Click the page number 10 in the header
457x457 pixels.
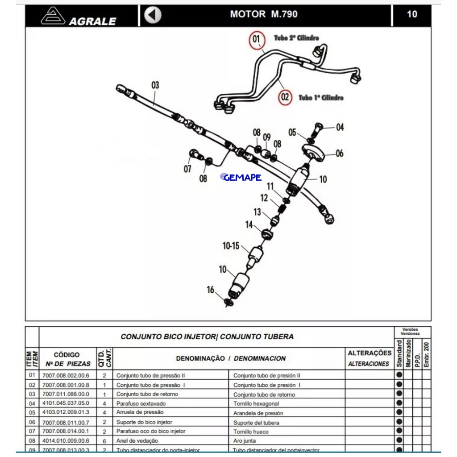412,14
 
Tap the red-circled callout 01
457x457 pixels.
256,39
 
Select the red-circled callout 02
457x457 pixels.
285,97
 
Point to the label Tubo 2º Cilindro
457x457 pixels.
296,38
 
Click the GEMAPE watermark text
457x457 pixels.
241,178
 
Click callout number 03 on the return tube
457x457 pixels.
155,85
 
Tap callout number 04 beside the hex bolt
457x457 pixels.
340,128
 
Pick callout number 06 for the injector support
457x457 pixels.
340,154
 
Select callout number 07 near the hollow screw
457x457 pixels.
188,169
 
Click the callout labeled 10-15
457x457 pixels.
231,245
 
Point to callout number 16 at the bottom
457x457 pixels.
210,290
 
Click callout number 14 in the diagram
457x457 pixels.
249,224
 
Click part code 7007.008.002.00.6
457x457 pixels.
66,375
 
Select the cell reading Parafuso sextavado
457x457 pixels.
141,403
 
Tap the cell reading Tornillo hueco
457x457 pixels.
251,432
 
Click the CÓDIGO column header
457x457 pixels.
67,355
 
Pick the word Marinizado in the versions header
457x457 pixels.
408,353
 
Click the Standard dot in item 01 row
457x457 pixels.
399,375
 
